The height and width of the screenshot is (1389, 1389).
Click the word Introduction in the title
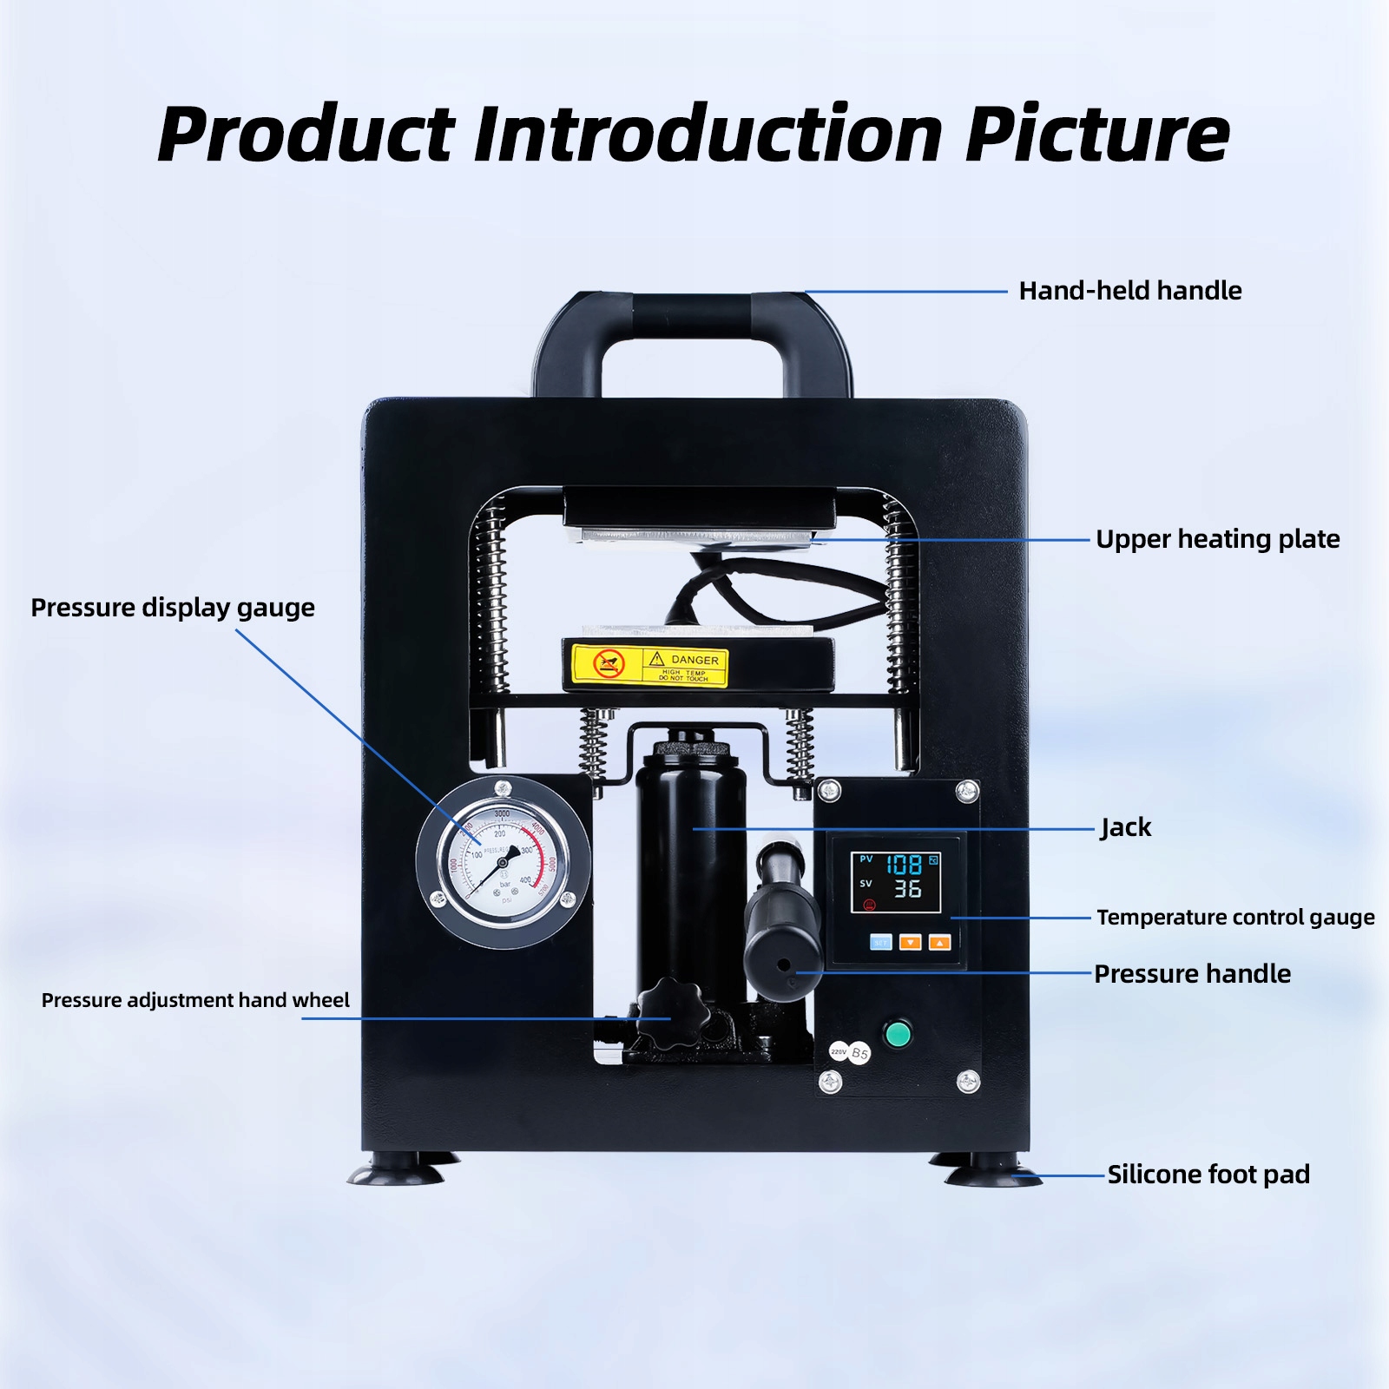[708, 135]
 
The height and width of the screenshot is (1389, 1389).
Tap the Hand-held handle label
[1129, 291]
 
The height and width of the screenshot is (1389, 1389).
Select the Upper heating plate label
[1217, 539]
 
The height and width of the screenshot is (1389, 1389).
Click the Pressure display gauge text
[173, 608]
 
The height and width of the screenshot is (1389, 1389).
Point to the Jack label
[1125, 827]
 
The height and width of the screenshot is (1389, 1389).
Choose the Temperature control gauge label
[1234, 918]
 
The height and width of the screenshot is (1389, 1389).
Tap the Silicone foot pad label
[1208, 1175]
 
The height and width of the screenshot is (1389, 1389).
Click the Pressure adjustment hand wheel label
[195, 1000]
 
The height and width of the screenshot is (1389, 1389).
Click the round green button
[897, 1034]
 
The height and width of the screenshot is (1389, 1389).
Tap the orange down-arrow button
[910, 943]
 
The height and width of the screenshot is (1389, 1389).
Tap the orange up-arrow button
[939, 943]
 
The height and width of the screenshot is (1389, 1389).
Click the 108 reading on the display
[904, 865]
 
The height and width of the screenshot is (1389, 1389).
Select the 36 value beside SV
[907, 889]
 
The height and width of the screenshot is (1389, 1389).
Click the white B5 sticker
[859, 1054]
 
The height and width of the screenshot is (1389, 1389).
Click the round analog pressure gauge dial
[503, 863]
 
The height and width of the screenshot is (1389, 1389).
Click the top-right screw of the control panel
[967, 791]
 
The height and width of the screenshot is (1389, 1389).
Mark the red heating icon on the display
[869, 905]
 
